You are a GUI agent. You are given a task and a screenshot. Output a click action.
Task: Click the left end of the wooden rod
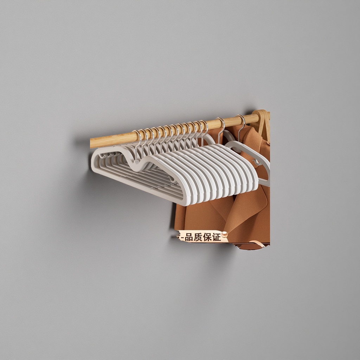click(x=90, y=143)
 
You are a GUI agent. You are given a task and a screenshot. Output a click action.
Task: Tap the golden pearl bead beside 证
click(x=224, y=234)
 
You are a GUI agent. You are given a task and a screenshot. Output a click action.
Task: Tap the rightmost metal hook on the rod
click(x=242, y=126)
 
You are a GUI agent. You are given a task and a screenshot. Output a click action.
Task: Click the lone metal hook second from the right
click(x=221, y=129)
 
